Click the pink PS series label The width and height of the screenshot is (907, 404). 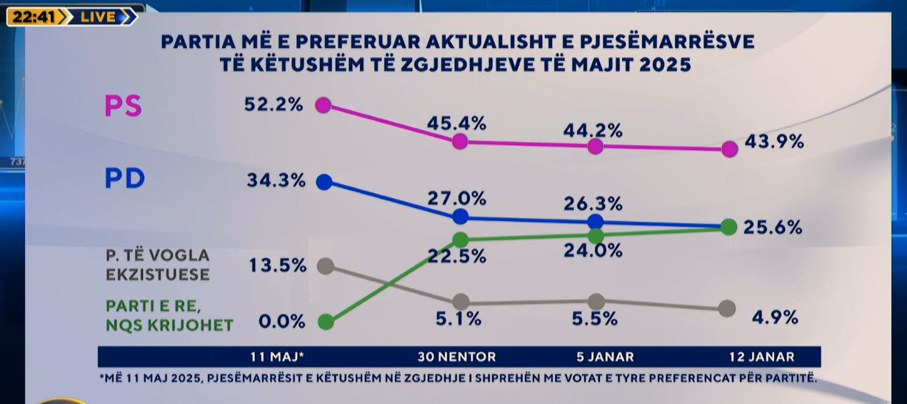[124, 107]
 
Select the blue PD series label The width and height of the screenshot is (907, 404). [125, 179]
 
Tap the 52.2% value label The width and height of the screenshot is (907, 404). [274, 104]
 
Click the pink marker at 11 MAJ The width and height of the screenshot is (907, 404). [324, 105]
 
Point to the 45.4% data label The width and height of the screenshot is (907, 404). [456, 123]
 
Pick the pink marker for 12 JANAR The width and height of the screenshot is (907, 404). [729, 149]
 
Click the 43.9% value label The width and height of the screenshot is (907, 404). [774, 142]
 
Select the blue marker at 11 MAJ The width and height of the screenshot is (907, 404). [324, 182]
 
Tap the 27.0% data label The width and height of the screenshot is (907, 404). [456, 198]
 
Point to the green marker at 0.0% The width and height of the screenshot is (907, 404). [326, 322]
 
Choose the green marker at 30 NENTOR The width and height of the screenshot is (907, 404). [461, 239]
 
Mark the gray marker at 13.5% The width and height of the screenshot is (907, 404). [325, 266]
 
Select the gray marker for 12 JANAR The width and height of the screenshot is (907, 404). [726, 308]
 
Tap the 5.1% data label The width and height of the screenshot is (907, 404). [458, 319]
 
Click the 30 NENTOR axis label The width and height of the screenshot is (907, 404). [457, 357]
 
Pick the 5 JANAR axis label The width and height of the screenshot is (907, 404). [604, 357]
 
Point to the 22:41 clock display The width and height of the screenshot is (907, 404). [34, 17]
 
